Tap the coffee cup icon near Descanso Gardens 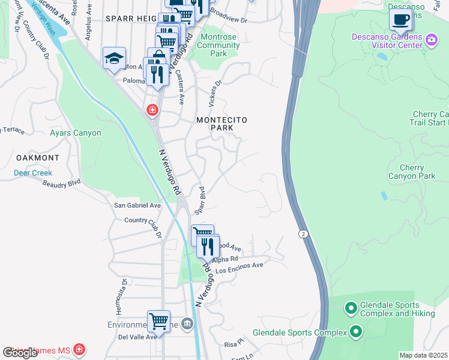tap(400, 19)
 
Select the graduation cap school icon tap(114, 58)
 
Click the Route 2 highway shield tap(304, 233)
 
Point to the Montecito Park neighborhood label tap(222, 124)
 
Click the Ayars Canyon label tap(76, 133)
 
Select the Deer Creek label tap(34, 173)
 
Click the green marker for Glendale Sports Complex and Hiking tap(351, 308)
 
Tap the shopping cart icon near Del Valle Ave tap(158, 321)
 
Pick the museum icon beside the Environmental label tap(187, 325)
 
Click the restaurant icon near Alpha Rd tap(208, 245)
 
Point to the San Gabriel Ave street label tap(137, 205)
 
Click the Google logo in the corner tap(20, 353)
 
